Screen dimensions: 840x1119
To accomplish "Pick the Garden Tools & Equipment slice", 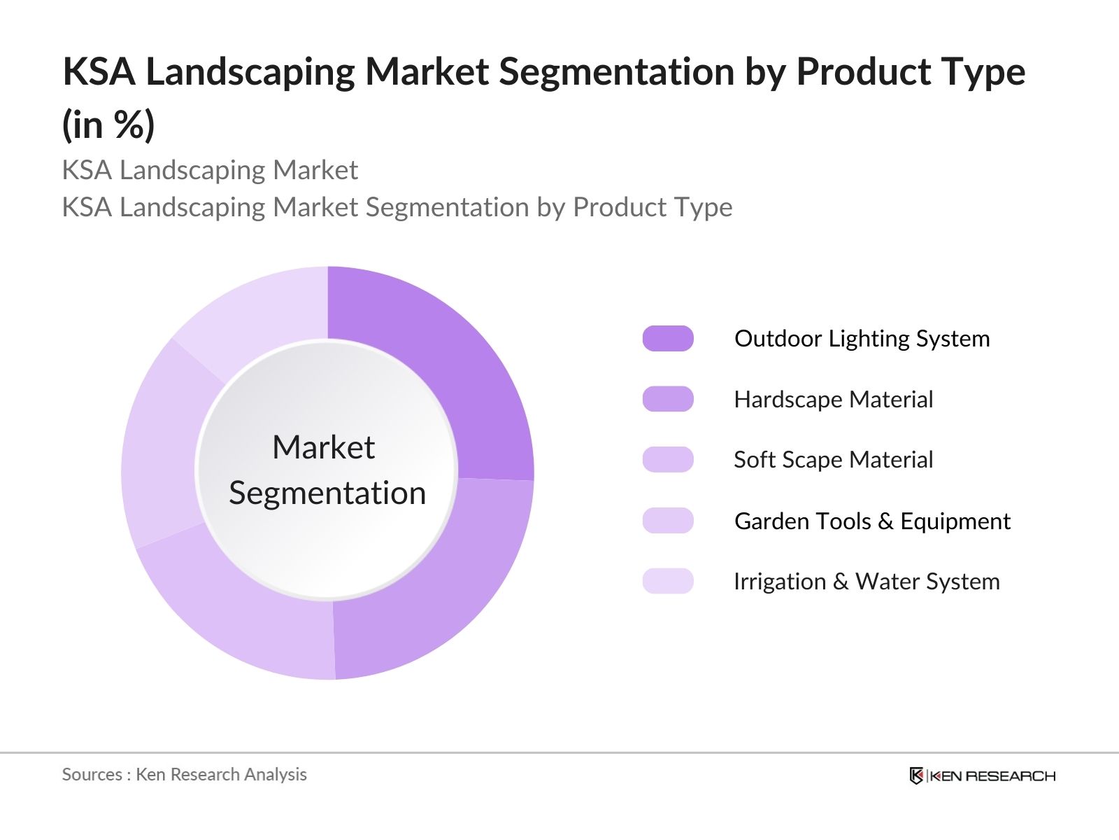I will [161, 448].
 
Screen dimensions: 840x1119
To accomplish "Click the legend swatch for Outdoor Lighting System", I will [668, 339].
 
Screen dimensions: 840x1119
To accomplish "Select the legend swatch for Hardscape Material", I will [668, 399].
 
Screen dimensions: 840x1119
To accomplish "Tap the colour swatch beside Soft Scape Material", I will [668, 460].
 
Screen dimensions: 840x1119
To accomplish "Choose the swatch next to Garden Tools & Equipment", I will [668, 521].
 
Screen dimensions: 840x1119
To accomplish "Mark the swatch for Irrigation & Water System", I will [668, 581].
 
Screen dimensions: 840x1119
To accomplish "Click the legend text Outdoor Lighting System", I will [862, 339].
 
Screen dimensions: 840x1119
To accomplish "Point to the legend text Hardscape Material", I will [833, 399].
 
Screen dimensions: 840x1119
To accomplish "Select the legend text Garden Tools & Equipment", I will [872, 521].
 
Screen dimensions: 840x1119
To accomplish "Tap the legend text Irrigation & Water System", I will [867, 581].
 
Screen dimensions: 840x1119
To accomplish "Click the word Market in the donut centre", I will [324, 447].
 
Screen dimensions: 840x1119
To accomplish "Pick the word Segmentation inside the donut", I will [327, 493].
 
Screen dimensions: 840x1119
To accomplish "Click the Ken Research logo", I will [982, 776].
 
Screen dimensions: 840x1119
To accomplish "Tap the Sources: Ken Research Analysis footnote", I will [184, 774].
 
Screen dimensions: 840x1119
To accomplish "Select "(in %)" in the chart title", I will [108, 125].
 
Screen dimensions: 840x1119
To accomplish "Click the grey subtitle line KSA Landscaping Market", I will [210, 170].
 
